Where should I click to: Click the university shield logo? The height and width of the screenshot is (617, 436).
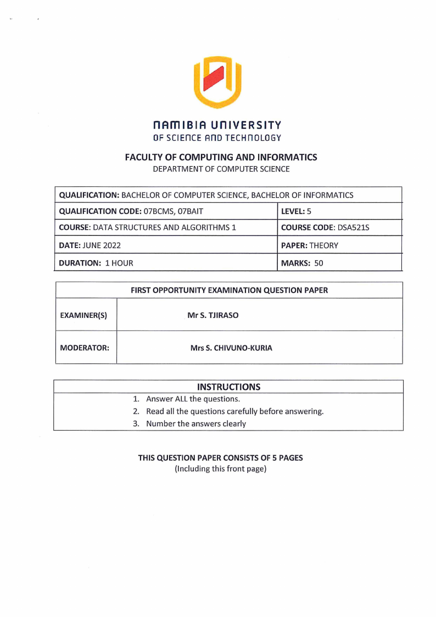[x=217, y=81]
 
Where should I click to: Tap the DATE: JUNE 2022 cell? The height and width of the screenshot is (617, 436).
[x=90, y=245]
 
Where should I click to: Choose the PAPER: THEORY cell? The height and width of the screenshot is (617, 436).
[x=309, y=245]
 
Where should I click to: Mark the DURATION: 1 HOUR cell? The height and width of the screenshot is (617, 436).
[x=96, y=263]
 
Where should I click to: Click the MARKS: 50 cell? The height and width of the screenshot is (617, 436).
[x=302, y=263]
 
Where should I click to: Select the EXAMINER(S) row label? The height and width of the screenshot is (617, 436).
[x=83, y=315]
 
